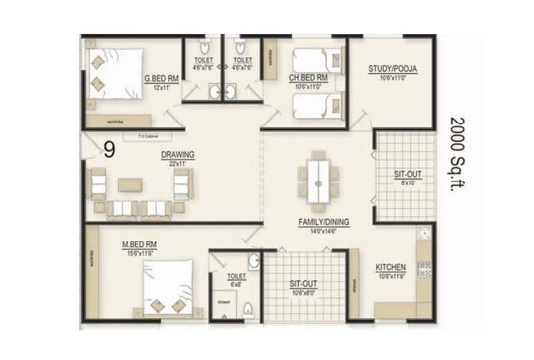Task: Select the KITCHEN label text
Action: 391,268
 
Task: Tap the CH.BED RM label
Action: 311,78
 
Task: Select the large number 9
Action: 110,150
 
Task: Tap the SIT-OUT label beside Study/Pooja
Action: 408,174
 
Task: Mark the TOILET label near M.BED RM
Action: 236,277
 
